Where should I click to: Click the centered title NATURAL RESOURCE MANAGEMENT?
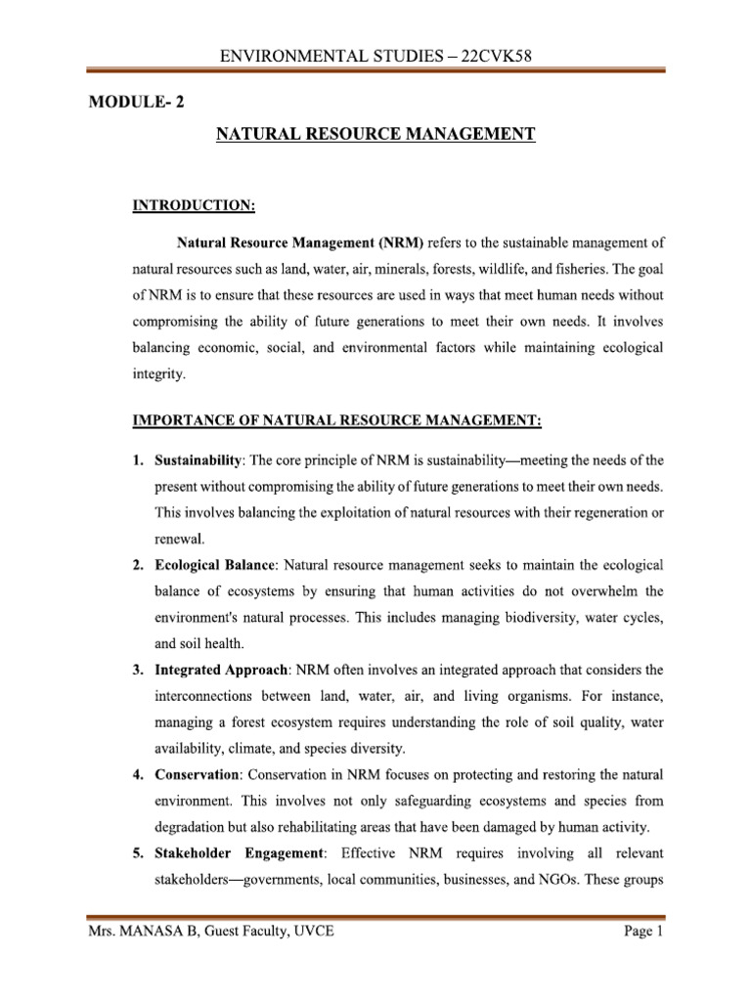(x=375, y=136)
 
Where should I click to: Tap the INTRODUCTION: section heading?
(x=194, y=205)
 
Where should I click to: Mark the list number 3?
(x=138, y=670)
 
